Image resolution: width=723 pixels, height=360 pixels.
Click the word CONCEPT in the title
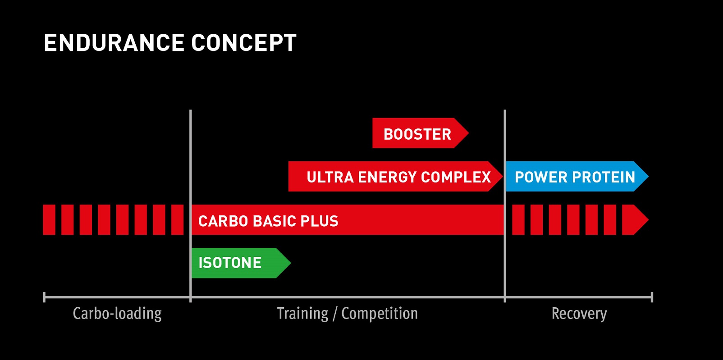[244, 43]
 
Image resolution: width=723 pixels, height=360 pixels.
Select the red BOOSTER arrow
[417, 133]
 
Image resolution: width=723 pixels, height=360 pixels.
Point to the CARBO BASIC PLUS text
[268, 221]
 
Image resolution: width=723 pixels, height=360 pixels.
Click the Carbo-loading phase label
[117, 314]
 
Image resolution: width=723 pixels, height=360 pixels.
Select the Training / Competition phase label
[347, 314]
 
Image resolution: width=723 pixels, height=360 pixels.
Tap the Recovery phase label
[579, 314]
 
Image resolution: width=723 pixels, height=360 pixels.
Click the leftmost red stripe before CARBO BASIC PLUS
[49, 220]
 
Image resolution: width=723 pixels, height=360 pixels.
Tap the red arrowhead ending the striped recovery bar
[635, 220]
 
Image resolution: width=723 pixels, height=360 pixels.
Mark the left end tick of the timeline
[44, 297]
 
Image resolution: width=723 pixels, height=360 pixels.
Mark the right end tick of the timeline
[652, 297]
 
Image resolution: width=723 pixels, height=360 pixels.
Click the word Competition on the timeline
[380, 314]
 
